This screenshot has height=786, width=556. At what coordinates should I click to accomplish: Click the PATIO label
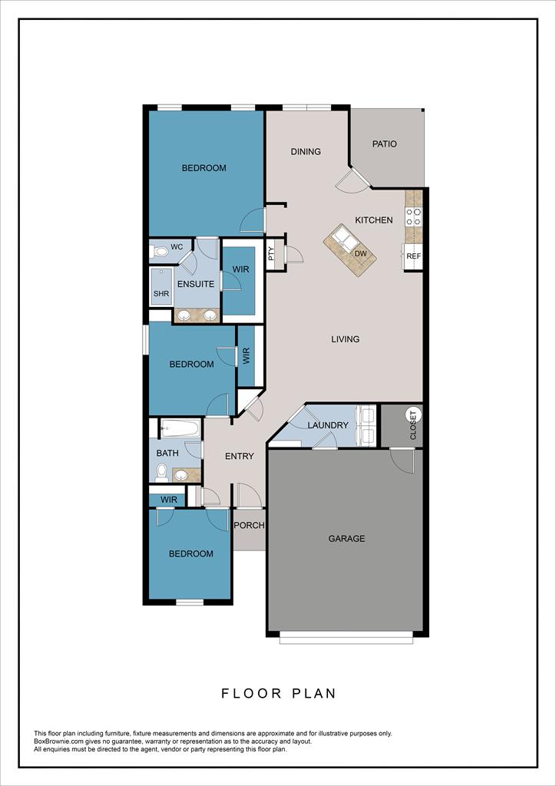tap(385, 144)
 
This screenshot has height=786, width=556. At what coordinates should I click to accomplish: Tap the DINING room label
tap(306, 151)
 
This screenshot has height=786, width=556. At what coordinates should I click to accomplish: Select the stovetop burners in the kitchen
tap(414, 216)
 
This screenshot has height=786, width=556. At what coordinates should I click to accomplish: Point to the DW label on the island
tap(359, 253)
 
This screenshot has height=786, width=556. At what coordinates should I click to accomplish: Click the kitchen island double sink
tap(345, 238)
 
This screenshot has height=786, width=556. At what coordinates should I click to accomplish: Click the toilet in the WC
tap(160, 252)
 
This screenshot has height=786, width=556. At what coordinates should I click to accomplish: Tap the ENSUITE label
tap(196, 284)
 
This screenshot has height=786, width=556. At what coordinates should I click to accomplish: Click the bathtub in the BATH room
tap(180, 428)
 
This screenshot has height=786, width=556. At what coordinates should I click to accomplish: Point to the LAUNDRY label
tap(328, 425)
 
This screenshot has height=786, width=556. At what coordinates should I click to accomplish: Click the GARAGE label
tap(346, 539)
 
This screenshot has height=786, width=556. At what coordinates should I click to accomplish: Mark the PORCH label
tap(249, 526)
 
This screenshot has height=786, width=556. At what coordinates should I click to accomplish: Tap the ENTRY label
tap(239, 456)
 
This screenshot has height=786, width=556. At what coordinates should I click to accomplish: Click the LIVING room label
tap(346, 339)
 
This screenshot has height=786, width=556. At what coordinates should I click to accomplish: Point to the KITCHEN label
tap(373, 220)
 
